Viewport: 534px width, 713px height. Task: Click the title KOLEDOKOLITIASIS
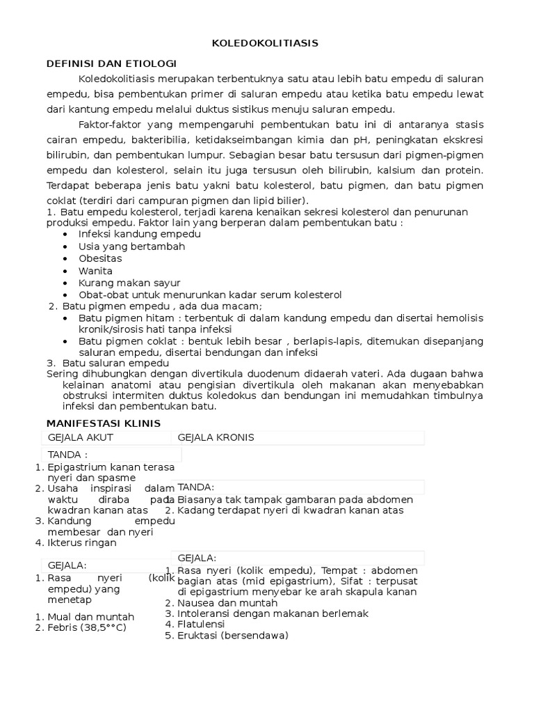[x=265, y=43]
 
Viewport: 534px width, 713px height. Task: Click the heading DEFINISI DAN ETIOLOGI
[x=111, y=63]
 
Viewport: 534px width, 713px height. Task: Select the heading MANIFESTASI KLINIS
[x=104, y=423]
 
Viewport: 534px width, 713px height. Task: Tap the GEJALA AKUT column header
[x=80, y=437]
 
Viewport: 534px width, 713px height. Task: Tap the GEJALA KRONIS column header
[x=216, y=437]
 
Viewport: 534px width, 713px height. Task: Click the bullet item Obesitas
[x=100, y=258]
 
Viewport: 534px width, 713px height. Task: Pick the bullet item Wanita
[x=95, y=271]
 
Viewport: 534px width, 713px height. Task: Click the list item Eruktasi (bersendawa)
[x=232, y=636]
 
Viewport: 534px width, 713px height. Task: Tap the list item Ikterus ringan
[x=81, y=542]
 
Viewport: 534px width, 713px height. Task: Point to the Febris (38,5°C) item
[x=87, y=627]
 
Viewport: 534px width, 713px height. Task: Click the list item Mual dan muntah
[x=90, y=617]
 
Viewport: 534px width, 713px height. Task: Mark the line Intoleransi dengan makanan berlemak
[x=273, y=613]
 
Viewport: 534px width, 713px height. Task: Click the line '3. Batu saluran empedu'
[x=108, y=363]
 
